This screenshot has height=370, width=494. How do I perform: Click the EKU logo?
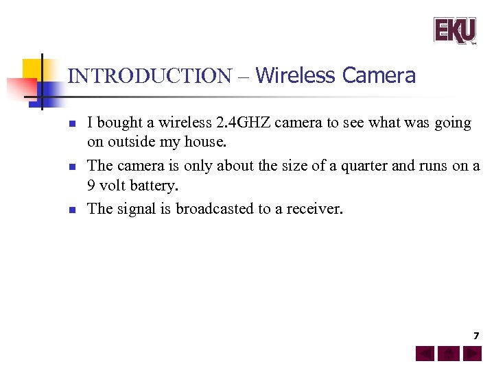point(454,30)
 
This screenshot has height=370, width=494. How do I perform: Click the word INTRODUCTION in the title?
point(150,76)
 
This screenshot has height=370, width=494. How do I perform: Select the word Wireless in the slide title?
point(296,75)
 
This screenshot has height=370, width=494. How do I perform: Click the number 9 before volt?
point(92,186)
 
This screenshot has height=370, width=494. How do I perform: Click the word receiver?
point(314,208)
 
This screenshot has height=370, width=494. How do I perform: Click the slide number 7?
point(475,336)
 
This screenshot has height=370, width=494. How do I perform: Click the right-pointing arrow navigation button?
point(471,354)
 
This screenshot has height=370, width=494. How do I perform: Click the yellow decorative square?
point(33,69)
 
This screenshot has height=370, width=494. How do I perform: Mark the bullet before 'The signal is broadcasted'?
point(71,210)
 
